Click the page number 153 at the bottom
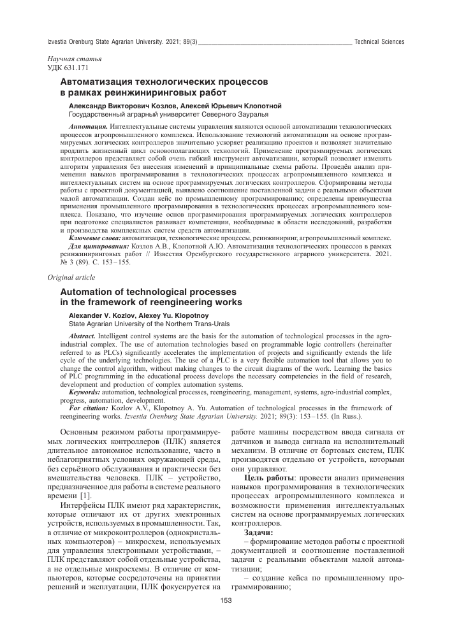pos(226,600)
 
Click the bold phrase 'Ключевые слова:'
pos(98,237)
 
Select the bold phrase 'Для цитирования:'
pos(98,245)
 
